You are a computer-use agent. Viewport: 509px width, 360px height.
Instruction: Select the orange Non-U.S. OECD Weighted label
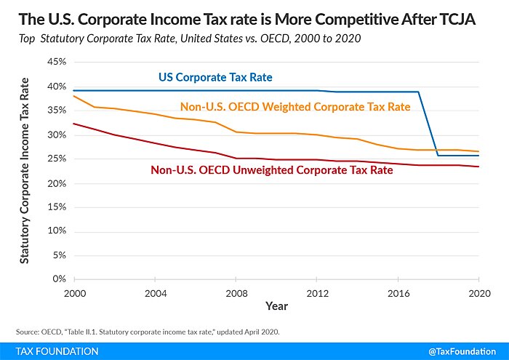295,107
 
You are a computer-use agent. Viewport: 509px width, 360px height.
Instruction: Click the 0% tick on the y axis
60,279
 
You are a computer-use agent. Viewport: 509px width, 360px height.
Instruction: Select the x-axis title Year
276,305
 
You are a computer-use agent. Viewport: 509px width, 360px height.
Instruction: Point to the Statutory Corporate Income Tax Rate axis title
25,170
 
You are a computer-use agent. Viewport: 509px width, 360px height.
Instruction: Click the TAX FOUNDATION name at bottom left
57,351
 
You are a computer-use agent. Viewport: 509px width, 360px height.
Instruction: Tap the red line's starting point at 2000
73,124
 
